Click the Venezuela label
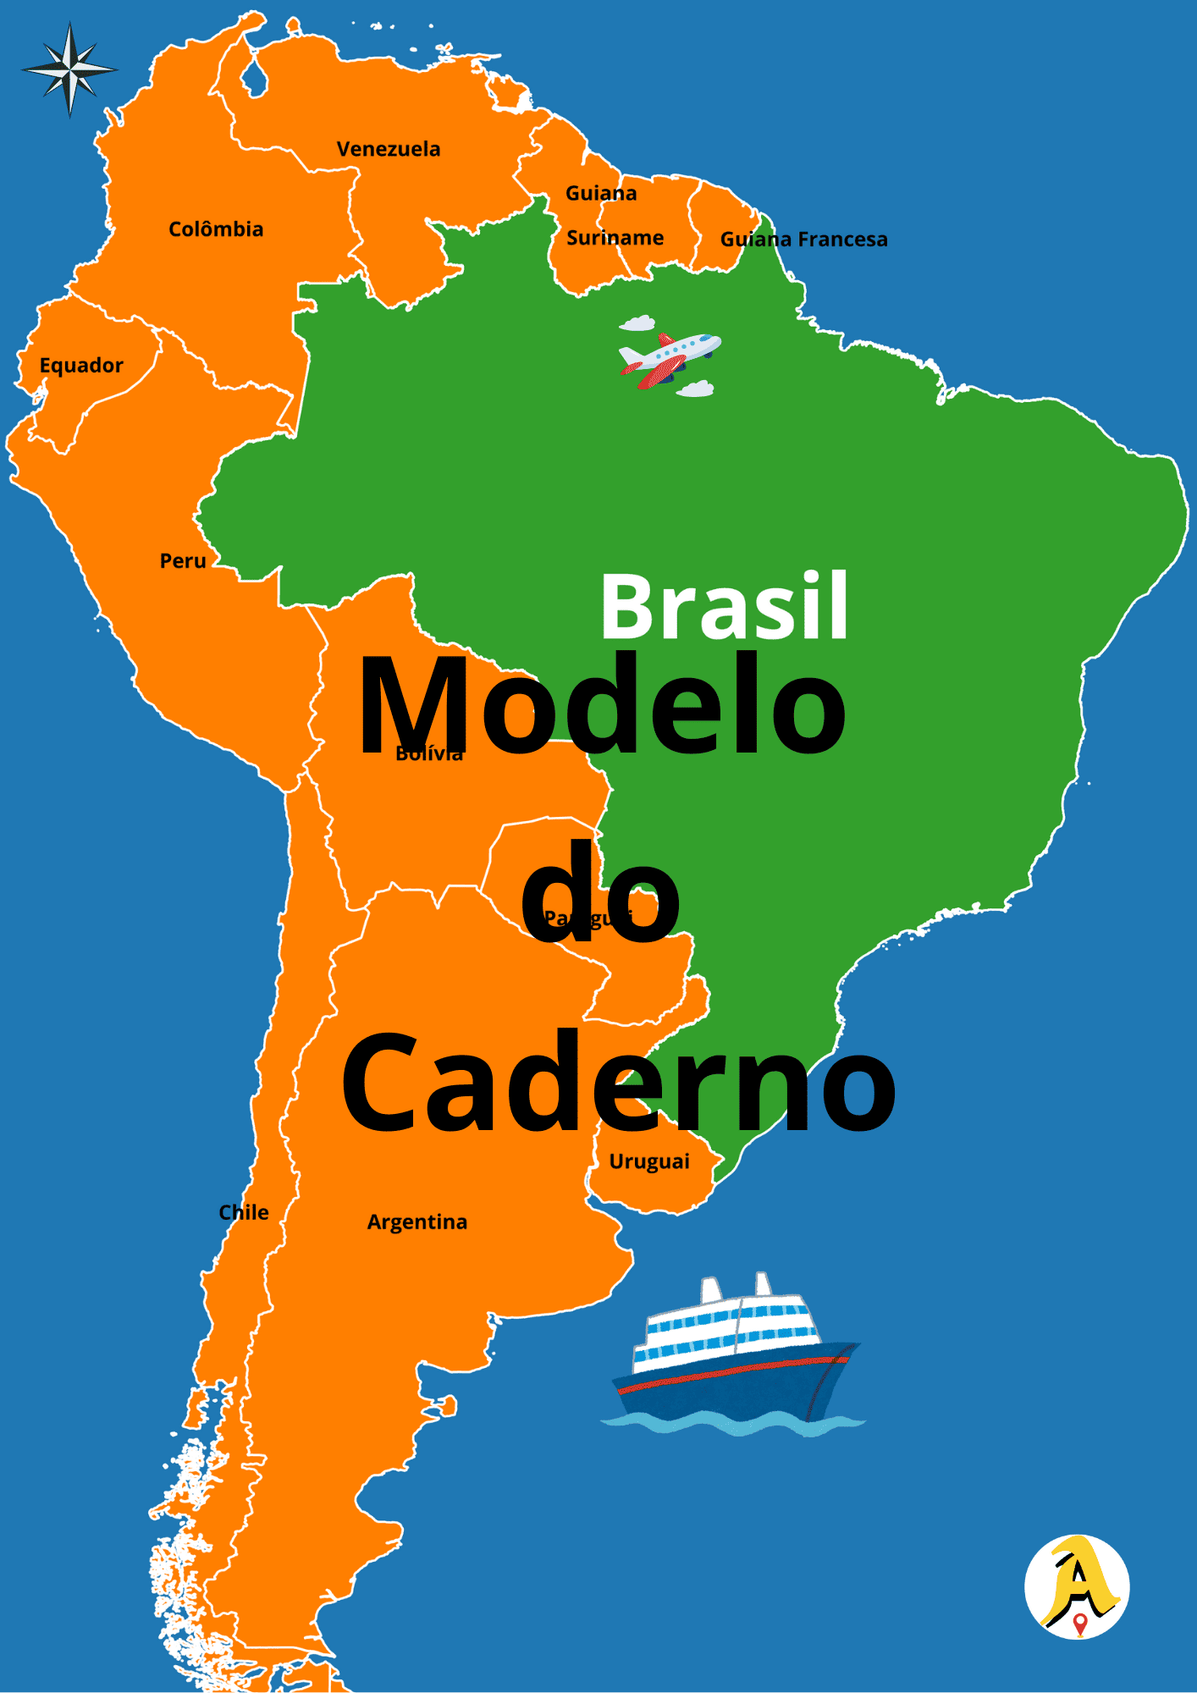[x=389, y=149]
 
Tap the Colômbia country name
[x=216, y=229]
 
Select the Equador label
[x=81, y=366]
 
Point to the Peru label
[x=183, y=561]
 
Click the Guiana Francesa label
[x=803, y=240]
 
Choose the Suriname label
[x=615, y=238]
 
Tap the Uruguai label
[x=649, y=1161]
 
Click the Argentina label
[x=416, y=1222]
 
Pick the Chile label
[x=244, y=1212]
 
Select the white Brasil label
[x=724, y=606]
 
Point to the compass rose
[x=69, y=69]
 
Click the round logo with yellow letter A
[x=1077, y=1586]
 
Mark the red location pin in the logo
[x=1079, y=1624]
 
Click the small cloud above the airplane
[x=637, y=323]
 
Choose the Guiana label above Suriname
[x=601, y=194]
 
